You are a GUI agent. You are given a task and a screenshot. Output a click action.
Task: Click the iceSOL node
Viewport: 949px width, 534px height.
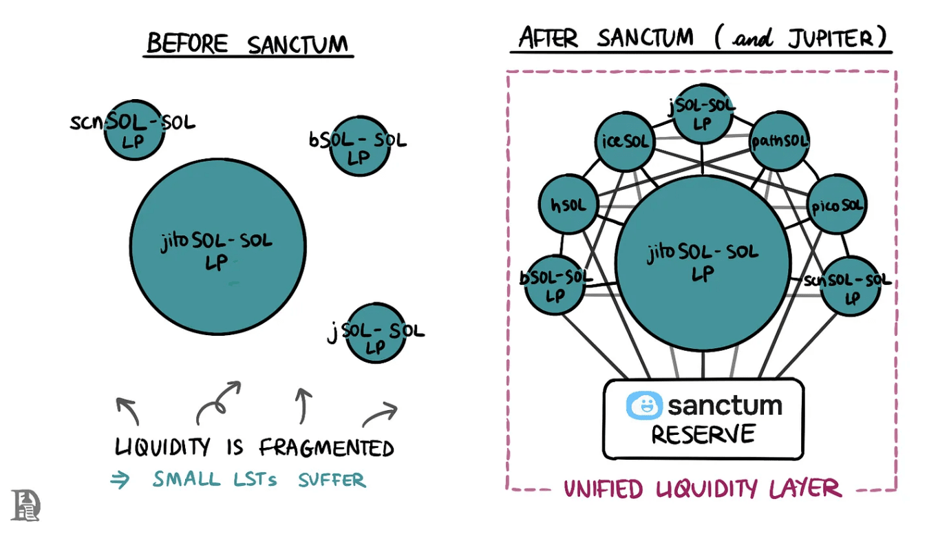[x=623, y=142]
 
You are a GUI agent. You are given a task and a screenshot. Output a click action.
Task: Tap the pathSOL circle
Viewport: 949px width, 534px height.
[x=779, y=142]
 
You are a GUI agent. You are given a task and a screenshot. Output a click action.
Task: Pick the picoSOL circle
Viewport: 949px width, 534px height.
[x=835, y=204]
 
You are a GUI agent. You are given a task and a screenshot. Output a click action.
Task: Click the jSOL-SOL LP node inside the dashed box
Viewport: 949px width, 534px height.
[x=702, y=114]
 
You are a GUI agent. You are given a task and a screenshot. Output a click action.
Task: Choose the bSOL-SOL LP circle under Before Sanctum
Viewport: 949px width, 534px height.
[x=359, y=147]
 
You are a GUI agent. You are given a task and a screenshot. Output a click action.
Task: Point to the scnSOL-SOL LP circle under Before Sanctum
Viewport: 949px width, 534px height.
[x=134, y=129]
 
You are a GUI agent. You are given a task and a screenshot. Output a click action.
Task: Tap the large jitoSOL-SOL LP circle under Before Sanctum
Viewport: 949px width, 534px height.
[x=218, y=246]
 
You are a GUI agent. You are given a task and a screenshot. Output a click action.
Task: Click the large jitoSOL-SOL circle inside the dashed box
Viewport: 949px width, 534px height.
[x=702, y=261]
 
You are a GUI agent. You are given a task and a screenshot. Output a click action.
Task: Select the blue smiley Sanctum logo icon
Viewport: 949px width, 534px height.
[x=643, y=405]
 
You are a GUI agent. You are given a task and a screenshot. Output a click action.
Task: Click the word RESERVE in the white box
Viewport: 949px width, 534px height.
[x=703, y=435]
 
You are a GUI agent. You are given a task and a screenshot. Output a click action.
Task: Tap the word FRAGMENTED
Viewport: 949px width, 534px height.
[x=326, y=449]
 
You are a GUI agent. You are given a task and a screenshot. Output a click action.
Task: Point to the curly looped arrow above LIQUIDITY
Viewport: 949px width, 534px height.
[x=219, y=402]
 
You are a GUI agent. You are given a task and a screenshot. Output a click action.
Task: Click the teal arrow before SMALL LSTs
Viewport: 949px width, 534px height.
[x=120, y=480]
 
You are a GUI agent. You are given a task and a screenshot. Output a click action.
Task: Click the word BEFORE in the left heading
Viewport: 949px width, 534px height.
[x=188, y=43]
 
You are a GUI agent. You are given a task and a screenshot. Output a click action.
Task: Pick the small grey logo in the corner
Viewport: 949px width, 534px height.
[x=25, y=505]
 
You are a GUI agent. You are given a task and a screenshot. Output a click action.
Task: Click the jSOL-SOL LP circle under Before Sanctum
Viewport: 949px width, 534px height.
[x=375, y=333]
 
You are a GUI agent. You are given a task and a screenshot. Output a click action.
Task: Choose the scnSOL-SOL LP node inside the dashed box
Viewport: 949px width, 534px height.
[x=851, y=286]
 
